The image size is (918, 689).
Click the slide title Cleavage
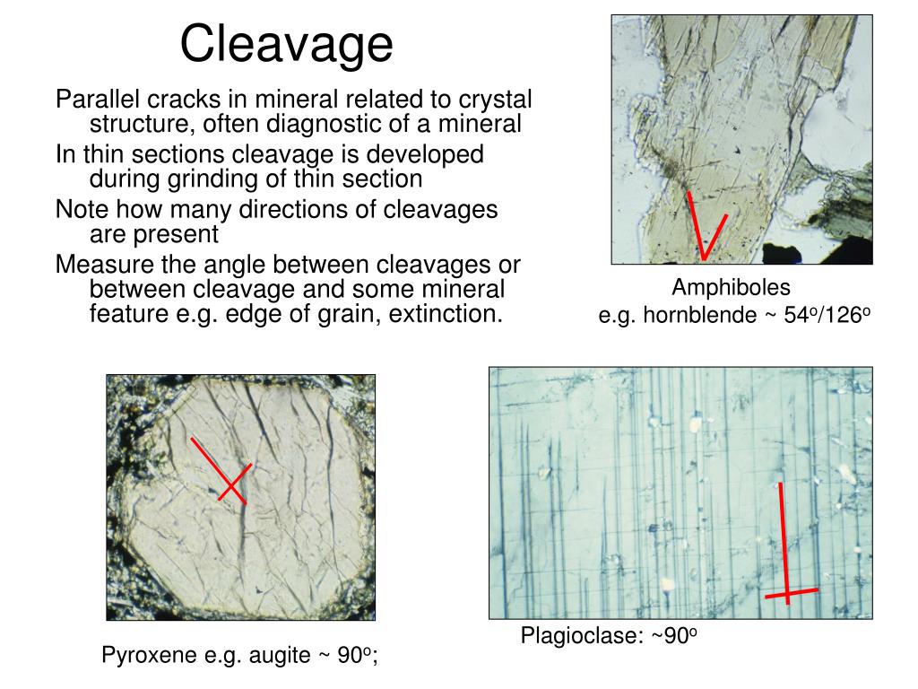click(x=286, y=44)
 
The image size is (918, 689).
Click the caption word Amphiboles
click(x=732, y=288)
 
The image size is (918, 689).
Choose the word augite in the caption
click(x=279, y=656)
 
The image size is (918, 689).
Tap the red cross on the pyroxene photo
click(x=232, y=485)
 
